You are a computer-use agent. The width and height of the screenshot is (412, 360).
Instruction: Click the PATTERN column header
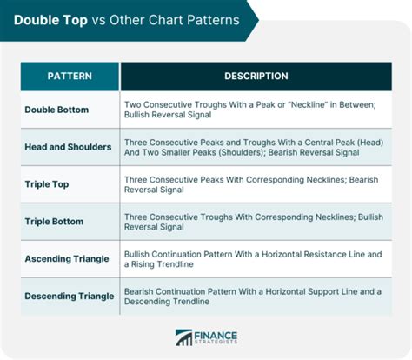point(69,77)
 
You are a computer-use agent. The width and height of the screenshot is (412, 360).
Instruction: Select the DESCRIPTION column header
point(256,77)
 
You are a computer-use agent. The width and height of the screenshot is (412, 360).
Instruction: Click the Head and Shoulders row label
point(69,147)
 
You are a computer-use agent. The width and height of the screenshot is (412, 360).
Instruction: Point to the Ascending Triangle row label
point(69,258)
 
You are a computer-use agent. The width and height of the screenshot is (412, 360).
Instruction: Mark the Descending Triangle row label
point(70,296)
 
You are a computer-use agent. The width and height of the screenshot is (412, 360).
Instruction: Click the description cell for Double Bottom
point(256,110)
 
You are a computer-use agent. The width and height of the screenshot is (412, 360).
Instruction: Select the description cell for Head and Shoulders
point(256,147)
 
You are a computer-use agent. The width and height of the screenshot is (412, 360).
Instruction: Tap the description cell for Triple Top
point(256,184)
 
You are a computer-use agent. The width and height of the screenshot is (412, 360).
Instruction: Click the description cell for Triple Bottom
point(256,222)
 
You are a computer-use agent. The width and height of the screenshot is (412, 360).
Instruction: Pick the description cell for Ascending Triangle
point(256,258)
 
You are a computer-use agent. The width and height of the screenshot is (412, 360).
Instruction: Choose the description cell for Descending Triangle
point(256,296)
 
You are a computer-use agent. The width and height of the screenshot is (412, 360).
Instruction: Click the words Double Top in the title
point(50,19)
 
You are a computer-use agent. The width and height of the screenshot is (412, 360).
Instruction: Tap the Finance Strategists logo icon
point(183,337)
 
